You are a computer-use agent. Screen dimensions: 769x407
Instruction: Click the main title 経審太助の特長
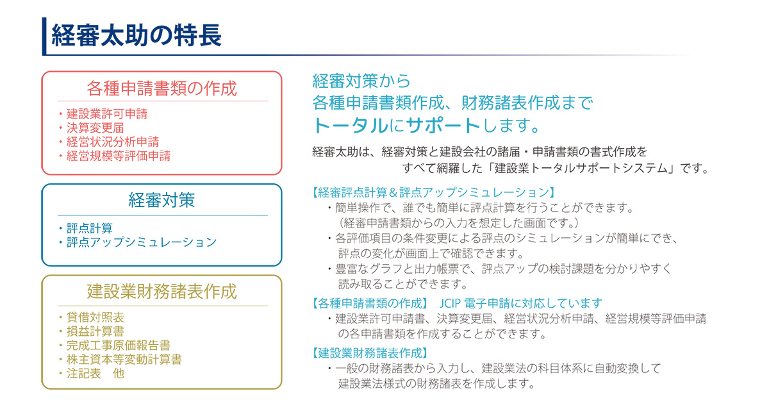click(136, 35)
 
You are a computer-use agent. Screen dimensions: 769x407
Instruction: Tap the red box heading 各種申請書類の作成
click(161, 88)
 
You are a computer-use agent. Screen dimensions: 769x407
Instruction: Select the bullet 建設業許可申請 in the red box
click(107, 113)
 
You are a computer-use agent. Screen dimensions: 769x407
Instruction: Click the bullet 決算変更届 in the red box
click(95, 128)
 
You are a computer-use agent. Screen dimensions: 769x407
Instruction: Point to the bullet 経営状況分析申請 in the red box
click(113, 142)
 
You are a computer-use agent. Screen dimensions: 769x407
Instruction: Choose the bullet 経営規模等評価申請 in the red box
click(119, 156)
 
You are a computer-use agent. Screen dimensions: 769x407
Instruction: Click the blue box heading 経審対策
click(161, 200)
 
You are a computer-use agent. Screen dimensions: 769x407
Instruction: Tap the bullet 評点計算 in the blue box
click(89, 228)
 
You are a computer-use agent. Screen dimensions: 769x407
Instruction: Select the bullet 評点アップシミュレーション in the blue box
click(142, 242)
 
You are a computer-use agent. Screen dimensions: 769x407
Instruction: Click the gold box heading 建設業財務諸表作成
click(161, 292)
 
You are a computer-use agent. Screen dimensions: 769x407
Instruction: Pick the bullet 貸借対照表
click(95, 317)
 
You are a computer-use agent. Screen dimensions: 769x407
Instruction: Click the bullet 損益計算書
click(95, 331)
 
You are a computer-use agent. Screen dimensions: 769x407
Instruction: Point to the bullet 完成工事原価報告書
click(119, 345)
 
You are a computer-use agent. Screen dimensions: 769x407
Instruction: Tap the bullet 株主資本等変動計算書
click(124, 360)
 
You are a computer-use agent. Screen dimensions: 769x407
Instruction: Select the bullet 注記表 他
click(95, 373)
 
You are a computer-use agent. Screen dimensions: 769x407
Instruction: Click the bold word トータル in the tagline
click(351, 126)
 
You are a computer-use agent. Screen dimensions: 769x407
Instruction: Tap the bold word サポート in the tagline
click(443, 126)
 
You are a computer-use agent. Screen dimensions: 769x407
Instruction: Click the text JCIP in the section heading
click(450, 304)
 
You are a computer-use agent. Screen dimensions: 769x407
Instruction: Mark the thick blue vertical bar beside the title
click(44, 36)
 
